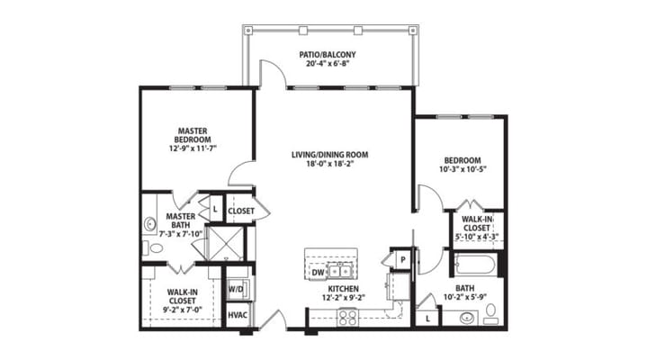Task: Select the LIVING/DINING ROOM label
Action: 329,154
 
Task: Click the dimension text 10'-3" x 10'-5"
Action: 462,170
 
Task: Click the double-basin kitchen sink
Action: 339,269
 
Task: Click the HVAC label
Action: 238,315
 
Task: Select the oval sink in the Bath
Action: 466,317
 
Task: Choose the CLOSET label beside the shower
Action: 241,211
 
